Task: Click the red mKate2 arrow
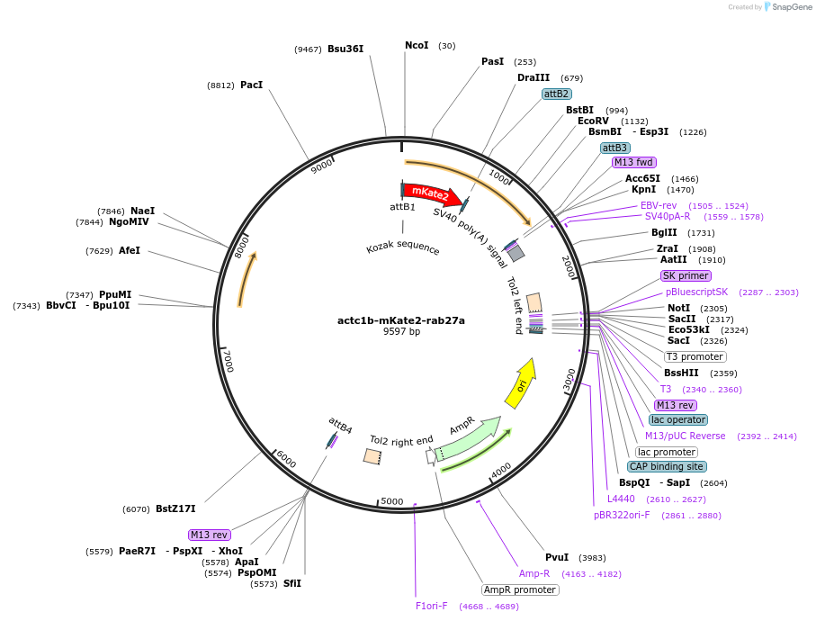430,193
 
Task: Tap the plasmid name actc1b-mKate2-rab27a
401,319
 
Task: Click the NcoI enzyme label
417,45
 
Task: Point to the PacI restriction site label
251,85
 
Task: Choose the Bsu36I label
345,49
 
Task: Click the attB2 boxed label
556,94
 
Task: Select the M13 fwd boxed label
633,162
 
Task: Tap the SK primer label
686,275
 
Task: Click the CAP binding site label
667,466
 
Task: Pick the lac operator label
678,419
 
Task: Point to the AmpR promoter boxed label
520,589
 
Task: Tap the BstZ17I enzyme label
175,508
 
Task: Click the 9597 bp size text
401,331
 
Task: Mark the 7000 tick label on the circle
229,361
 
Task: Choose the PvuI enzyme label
557,557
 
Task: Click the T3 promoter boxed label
695,356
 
